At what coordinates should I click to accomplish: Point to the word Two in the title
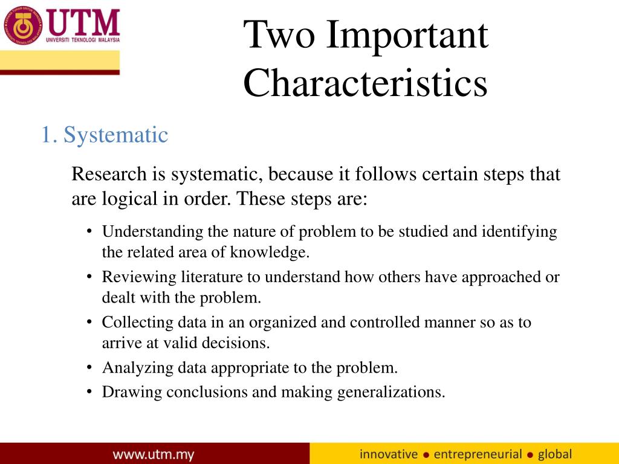(x=279, y=34)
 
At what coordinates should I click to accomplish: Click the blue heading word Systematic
(x=115, y=135)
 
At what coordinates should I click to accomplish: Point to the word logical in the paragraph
(x=123, y=199)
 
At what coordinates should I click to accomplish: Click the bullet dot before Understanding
(x=89, y=232)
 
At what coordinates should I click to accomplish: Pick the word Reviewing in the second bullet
(x=140, y=277)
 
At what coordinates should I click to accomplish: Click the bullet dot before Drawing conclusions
(x=89, y=392)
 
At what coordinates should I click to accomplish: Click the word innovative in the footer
(x=389, y=454)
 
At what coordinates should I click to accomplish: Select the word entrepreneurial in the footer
(x=478, y=454)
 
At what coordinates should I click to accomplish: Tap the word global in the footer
(x=554, y=454)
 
